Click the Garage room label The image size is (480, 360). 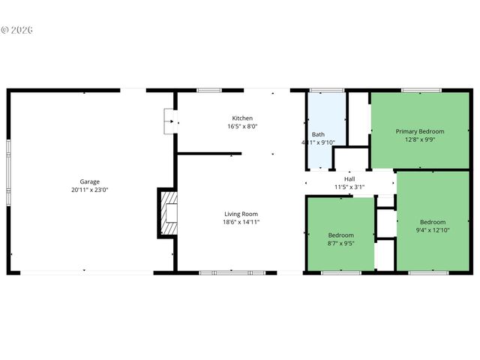(90, 181)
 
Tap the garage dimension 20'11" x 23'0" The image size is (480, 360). (90, 190)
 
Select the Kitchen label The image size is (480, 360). (242, 118)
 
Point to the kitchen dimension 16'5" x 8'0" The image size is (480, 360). (242, 127)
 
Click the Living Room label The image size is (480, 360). (240, 214)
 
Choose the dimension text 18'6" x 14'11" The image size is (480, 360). (240, 222)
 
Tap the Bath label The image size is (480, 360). (318, 134)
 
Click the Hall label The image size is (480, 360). (349, 179)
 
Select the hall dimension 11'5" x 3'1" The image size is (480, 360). (349, 187)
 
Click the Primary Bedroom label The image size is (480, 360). (420, 131)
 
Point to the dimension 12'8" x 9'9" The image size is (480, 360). (420, 139)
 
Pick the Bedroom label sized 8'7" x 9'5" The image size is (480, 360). (340, 235)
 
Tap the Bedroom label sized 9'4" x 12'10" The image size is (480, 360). (433, 222)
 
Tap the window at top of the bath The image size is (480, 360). (326, 91)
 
